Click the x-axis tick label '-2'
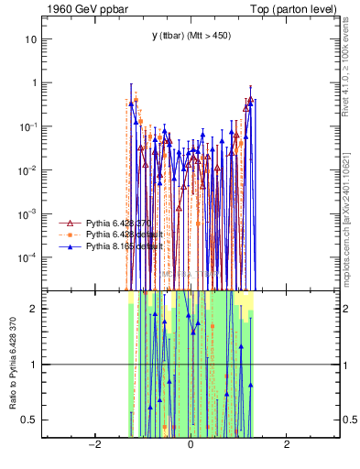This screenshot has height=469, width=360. pos(93,445)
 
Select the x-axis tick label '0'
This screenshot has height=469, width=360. pos(190,445)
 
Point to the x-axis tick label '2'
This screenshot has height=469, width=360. pos(287,445)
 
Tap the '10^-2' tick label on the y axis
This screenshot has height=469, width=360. pos(28,169)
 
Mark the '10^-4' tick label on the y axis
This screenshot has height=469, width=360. pos(28,256)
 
